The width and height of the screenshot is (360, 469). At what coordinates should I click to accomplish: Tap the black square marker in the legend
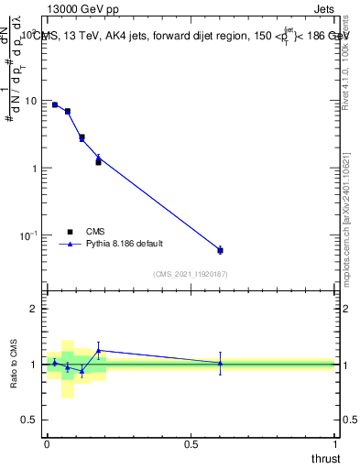click(70, 232)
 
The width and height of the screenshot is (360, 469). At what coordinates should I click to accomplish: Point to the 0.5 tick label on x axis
click(191, 444)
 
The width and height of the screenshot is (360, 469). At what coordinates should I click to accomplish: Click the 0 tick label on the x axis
click(47, 444)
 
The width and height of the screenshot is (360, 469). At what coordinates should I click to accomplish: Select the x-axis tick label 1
click(334, 444)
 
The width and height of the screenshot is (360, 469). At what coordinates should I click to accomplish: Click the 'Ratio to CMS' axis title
click(14, 364)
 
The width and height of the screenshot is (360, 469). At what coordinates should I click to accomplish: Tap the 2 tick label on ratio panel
click(34, 309)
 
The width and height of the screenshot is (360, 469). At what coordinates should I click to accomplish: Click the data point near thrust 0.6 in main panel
click(220, 249)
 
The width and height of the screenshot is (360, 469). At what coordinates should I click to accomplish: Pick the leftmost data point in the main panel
click(55, 104)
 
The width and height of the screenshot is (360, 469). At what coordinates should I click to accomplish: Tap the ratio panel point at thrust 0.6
click(220, 363)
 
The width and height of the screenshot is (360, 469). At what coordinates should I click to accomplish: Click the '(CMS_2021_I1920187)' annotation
click(190, 273)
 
